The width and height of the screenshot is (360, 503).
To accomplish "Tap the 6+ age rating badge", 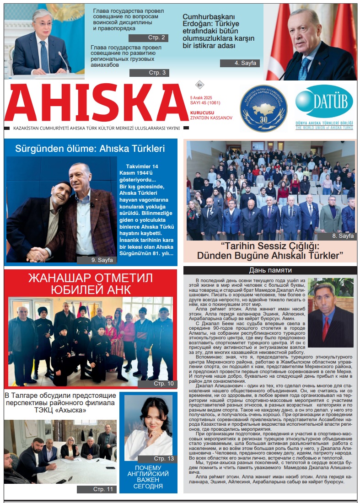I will (x=199, y=85).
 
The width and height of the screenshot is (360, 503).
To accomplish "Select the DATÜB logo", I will (x=324, y=101).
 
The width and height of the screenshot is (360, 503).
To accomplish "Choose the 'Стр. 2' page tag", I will (x=148, y=38).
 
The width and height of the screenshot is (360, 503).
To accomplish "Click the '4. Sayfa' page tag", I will (x=240, y=63).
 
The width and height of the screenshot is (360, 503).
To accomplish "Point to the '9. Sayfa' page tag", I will (x=97, y=260).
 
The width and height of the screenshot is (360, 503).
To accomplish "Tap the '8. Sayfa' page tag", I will (x=336, y=236).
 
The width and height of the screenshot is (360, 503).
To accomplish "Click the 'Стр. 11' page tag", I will (x=97, y=489).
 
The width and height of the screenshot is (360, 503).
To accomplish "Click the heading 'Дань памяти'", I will (x=270, y=270).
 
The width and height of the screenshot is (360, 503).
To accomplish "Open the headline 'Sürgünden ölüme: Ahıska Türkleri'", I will (x=90, y=148).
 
